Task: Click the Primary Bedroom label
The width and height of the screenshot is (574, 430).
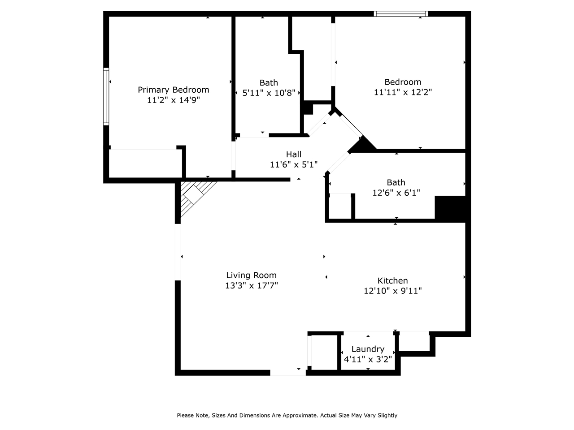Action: [173, 90]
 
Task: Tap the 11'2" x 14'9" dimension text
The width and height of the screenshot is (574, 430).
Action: [173, 100]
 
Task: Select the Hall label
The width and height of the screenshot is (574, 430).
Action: [294, 155]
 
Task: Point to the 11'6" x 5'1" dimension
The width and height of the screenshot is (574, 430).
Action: [294, 165]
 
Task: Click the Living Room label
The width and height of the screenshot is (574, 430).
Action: [251, 275]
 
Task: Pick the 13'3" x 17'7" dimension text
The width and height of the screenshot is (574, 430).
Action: [252, 286]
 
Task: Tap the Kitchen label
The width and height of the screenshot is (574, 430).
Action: [392, 281]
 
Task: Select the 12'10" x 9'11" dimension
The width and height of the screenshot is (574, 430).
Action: [392, 291]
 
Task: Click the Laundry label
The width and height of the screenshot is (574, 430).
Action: [368, 349]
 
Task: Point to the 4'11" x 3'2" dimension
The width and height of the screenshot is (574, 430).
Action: [368, 359]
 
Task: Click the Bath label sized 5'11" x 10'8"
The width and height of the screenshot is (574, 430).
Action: [269, 83]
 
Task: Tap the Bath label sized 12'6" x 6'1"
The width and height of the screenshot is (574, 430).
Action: [396, 182]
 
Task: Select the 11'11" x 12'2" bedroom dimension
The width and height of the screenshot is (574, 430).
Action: [403, 93]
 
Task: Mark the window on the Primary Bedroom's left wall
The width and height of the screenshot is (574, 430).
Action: [106, 96]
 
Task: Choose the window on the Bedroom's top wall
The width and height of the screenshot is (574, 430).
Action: [401, 14]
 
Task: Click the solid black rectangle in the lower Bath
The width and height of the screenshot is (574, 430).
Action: [451, 208]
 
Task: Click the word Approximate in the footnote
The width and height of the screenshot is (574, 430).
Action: [300, 416]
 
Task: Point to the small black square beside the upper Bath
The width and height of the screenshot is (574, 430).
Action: [308, 108]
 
